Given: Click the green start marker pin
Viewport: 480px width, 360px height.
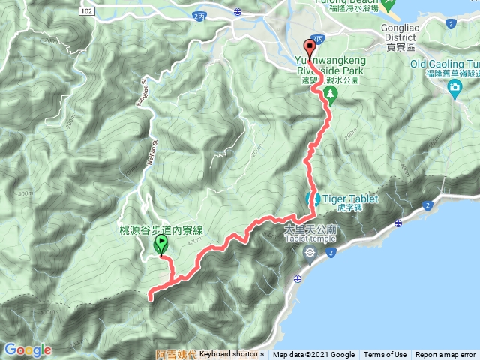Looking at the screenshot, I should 160,244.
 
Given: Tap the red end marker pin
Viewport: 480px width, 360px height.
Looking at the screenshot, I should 308,43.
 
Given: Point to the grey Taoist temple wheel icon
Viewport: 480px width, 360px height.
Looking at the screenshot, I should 310,252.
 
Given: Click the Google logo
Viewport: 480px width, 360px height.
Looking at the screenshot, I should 27,349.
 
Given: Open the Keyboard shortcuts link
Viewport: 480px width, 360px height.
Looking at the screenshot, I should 232,355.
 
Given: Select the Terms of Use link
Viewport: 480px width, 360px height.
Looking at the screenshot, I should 385,355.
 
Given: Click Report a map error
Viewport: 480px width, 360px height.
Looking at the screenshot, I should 446,355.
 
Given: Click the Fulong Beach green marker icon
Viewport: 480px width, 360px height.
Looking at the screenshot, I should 388,5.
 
